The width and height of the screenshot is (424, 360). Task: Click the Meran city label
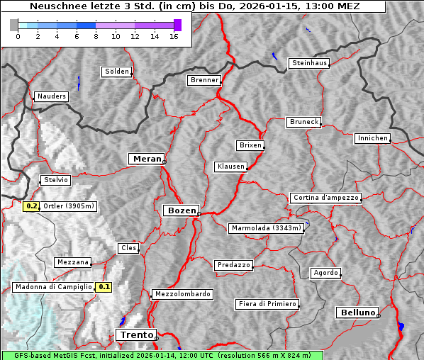coord(145,158)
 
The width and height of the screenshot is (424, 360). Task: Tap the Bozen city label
coord(180,210)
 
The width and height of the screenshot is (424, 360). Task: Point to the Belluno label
coord(357,312)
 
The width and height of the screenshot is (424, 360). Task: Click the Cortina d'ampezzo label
coord(325,198)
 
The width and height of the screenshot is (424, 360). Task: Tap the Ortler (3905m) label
coord(69,206)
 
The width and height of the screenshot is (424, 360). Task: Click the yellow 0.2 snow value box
coord(31,206)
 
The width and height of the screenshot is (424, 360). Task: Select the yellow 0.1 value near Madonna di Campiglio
coord(104,287)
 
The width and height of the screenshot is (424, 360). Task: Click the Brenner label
coord(204,80)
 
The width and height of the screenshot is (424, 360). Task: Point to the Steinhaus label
coord(310,63)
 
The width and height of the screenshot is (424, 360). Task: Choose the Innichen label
coord(372,138)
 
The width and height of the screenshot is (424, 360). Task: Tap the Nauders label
coord(51,96)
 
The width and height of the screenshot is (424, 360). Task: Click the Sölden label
coord(117,72)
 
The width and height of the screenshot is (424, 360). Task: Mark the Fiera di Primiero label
coord(267,304)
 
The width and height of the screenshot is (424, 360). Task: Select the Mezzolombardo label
coord(181,293)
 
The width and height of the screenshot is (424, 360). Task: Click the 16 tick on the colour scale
coord(174,36)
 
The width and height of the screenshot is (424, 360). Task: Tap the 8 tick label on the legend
coord(95,36)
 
